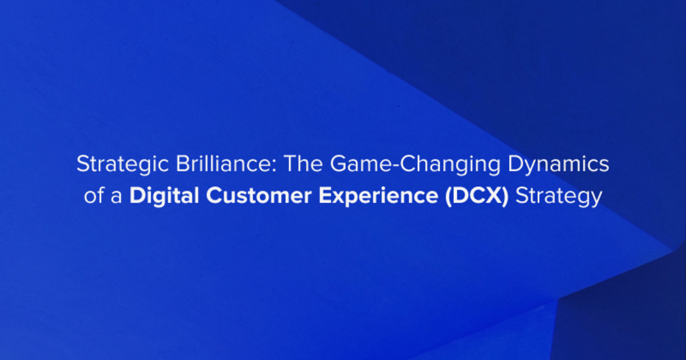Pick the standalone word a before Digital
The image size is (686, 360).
[x=117, y=196]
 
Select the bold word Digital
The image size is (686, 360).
[x=164, y=197]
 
